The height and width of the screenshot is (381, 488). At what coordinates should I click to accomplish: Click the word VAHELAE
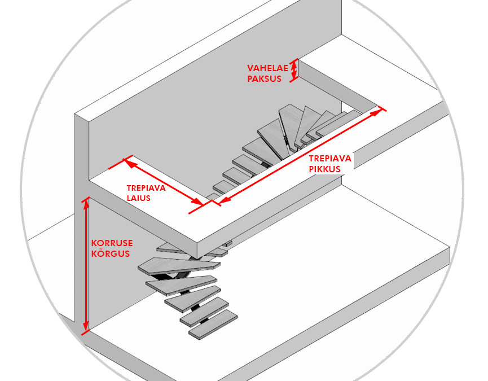(267, 68)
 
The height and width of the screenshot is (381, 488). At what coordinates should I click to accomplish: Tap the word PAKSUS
(264, 79)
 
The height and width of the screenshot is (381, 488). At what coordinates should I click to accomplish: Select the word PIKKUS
(324, 169)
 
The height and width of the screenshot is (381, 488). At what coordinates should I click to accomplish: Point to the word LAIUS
(138, 198)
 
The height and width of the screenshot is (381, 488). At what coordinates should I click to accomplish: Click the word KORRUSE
(112, 243)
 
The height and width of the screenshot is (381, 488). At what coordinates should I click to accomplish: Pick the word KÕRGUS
(111, 253)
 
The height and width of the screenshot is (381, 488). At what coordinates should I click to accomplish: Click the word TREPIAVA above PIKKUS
(330, 159)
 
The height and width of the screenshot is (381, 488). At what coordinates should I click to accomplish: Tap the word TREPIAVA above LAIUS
(146, 188)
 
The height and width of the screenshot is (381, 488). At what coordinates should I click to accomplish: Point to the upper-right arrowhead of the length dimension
(377, 111)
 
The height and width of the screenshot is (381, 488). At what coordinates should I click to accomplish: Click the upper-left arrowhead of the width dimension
(129, 163)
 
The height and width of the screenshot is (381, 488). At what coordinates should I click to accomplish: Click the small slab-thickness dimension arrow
(294, 71)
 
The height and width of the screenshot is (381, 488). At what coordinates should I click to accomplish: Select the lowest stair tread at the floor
(213, 325)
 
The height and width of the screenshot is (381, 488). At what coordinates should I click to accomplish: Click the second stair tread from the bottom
(204, 312)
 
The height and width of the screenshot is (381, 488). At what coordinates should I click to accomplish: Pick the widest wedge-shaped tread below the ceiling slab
(179, 266)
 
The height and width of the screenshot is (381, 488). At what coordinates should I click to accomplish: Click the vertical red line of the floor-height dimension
(86, 265)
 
